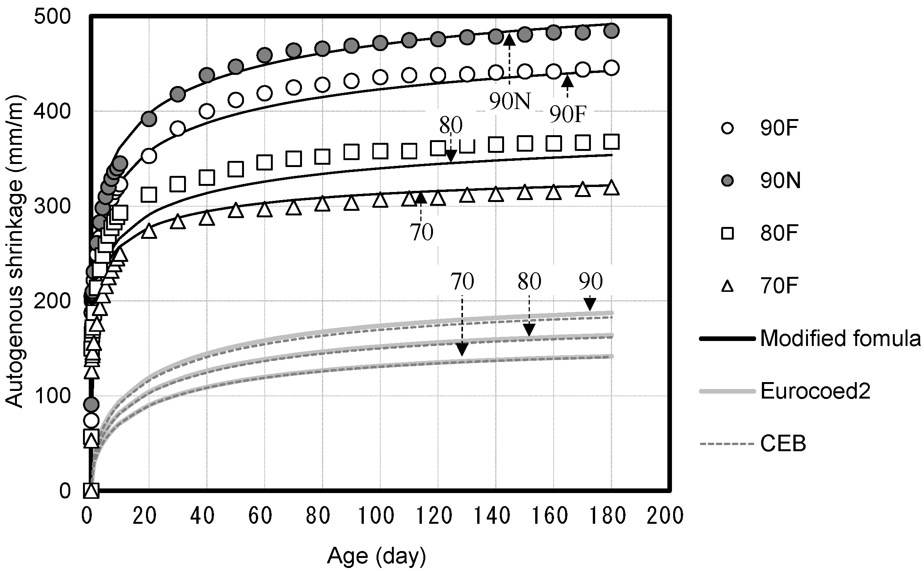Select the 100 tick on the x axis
377,516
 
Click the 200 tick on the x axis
665,516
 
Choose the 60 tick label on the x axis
260,516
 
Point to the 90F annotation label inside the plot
568,114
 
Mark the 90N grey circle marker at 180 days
611,30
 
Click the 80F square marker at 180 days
611,142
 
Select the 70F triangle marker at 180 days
611,188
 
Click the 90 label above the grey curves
591,282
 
